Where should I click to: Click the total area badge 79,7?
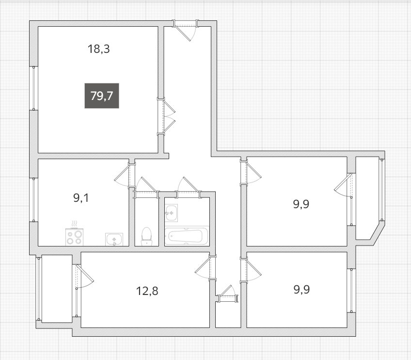pyautogui.click(x=102, y=96)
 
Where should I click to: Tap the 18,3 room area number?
pyautogui.click(x=98, y=49)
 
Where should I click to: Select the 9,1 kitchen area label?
pyautogui.click(x=81, y=198)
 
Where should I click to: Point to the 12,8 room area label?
pyautogui.click(x=147, y=291)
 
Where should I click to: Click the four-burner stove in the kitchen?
pyautogui.click(x=75, y=237)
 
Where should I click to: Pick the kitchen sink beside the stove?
pyautogui.click(x=114, y=239)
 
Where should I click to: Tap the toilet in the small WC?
pyautogui.click(x=146, y=236)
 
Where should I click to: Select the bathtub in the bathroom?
pyautogui.click(x=187, y=236)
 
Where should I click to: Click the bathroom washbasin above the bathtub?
pyautogui.click(x=171, y=213)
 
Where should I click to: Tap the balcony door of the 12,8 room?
pyautogui.click(x=84, y=277)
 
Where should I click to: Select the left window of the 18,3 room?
pyautogui.click(x=34, y=88)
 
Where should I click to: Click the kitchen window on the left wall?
pyautogui.click(x=34, y=200)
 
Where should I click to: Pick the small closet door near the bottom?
pyautogui.click(x=227, y=295)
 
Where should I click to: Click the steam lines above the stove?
pyautogui.click(x=75, y=224)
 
